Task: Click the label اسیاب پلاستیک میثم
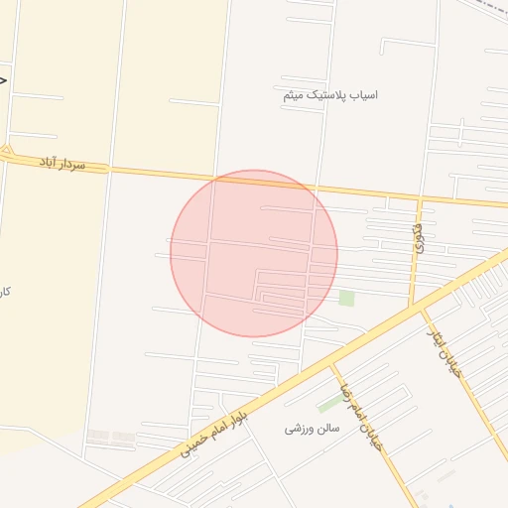point(330,95)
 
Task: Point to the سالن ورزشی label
point(313,429)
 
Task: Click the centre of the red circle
point(254,253)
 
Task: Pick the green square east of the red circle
point(346,298)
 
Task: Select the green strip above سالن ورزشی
point(328,405)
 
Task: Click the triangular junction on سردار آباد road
point(7,154)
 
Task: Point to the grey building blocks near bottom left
point(110,437)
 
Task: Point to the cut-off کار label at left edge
point(5,292)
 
